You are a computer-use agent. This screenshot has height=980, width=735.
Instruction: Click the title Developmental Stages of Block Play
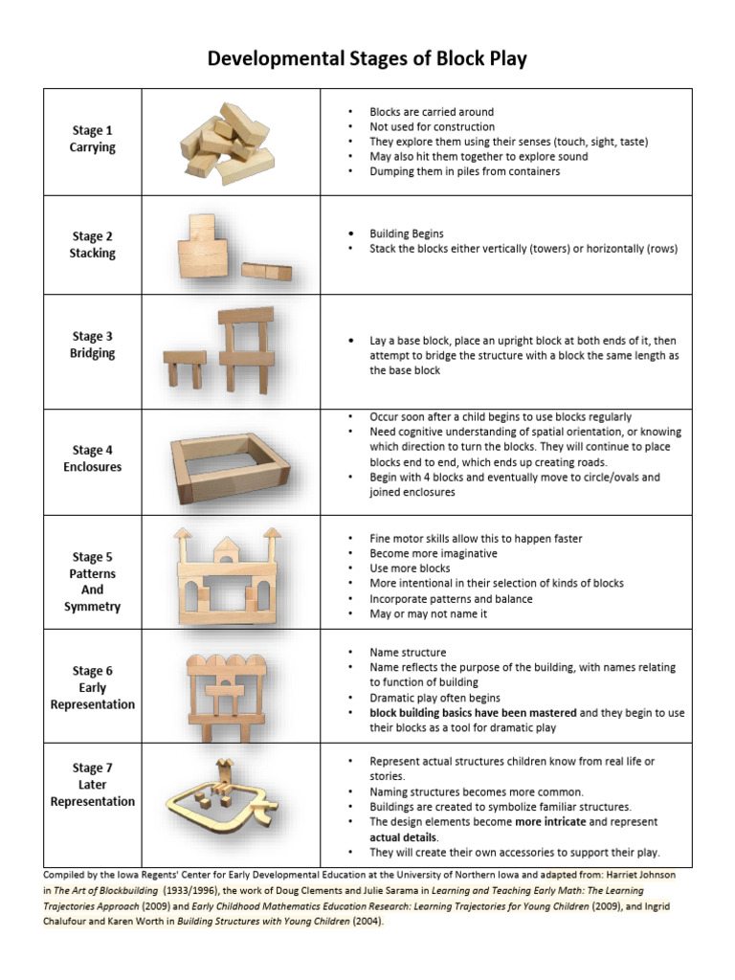[x=367, y=59]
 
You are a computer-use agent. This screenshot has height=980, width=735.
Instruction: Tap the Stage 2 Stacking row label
[x=92, y=245]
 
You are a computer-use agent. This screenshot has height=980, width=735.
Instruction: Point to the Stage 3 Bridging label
[x=92, y=345]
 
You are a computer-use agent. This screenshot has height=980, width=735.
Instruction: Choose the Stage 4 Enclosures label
[x=92, y=458]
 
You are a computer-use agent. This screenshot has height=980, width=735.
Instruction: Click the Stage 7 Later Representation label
[x=92, y=785]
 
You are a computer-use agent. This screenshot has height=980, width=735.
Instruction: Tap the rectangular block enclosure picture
[x=230, y=461]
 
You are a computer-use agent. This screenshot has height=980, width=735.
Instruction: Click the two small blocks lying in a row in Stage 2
[x=266, y=271]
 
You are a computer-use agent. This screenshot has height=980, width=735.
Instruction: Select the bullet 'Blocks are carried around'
[x=432, y=112]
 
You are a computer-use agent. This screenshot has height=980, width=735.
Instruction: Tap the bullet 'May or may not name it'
[x=428, y=613]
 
